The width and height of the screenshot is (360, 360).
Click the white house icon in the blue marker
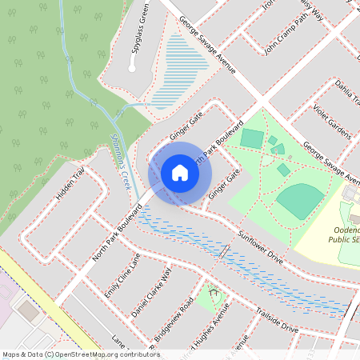point(179,173)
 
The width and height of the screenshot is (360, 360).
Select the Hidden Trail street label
point(70,186)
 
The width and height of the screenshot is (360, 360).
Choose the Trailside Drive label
point(276,319)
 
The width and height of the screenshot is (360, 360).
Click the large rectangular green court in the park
point(251,138)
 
